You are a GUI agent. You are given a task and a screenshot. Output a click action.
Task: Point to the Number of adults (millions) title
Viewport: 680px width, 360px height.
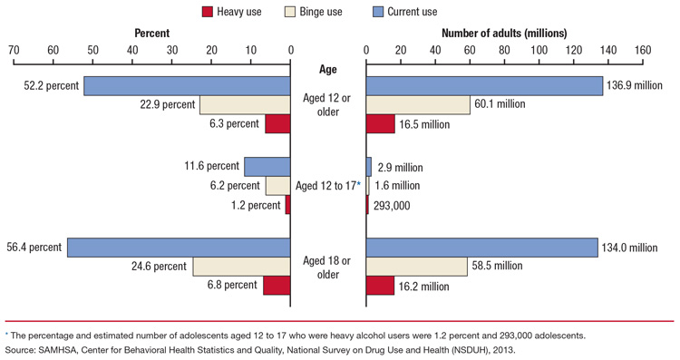(x=503, y=33)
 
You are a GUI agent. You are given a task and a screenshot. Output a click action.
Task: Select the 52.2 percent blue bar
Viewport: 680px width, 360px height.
(x=187, y=86)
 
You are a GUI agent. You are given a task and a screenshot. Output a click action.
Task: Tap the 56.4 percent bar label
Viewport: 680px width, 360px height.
(x=32, y=248)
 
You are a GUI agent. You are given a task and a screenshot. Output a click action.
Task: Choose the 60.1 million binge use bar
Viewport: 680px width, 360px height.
(x=418, y=104)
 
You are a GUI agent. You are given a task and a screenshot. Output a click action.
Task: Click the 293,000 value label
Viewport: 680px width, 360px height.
(x=392, y=206)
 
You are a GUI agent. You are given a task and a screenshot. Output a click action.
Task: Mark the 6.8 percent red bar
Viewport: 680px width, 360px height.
(x=277, y=286)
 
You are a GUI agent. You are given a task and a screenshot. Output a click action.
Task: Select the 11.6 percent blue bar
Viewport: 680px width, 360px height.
(x=267, y=167)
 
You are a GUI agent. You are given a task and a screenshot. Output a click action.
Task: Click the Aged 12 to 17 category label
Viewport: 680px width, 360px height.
(x=327, y=185)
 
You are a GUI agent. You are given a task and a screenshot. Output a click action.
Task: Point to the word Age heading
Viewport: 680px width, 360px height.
(x=328, y=69)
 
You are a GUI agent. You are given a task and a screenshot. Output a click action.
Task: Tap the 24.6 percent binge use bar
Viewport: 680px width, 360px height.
(x=241, y=267)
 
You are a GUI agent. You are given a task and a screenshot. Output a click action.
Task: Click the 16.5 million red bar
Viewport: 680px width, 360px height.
(x=380, y=124)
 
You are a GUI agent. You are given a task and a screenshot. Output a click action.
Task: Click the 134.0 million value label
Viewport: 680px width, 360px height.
(x=634, y=248)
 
